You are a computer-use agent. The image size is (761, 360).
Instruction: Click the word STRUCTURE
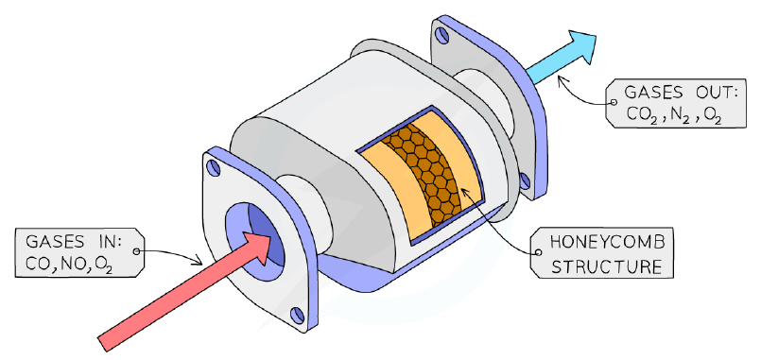pyautogui.click(x=607, y=266)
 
